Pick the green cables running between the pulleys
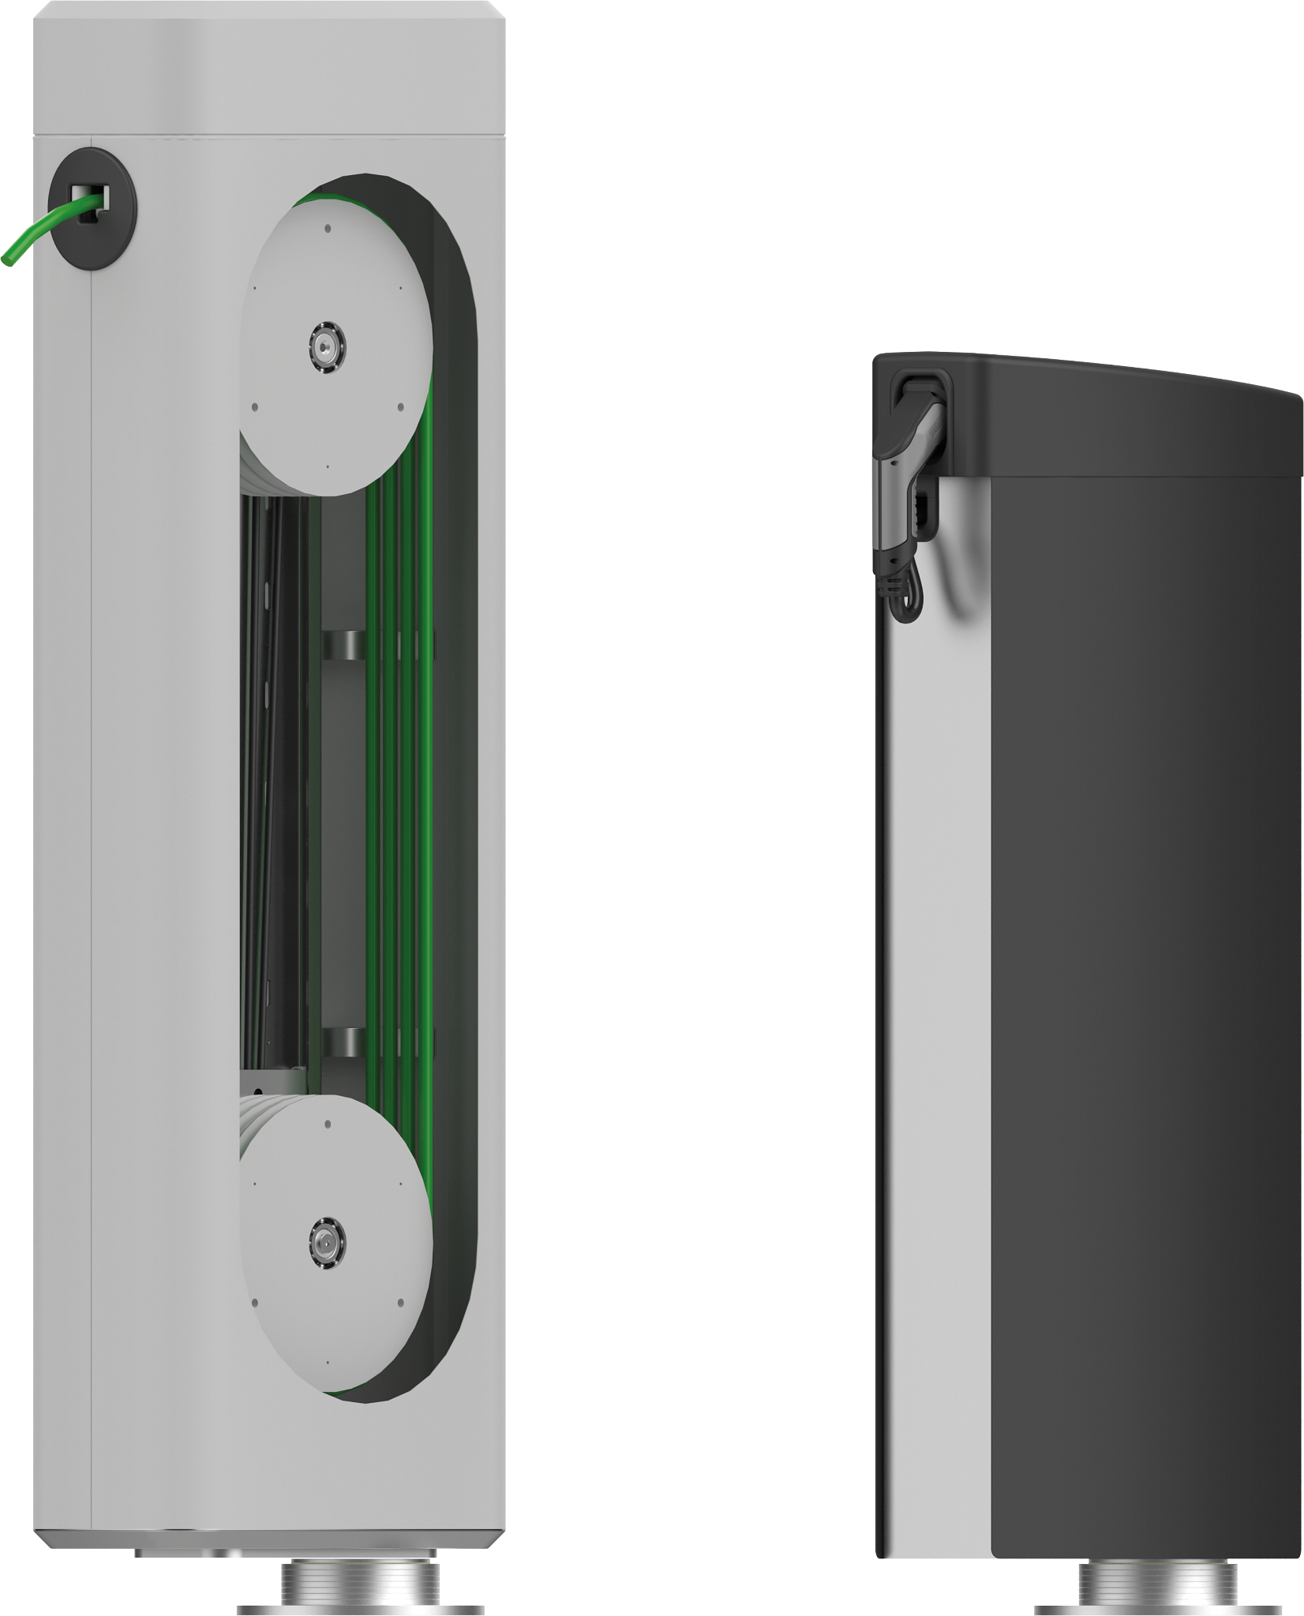point(399,789)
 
